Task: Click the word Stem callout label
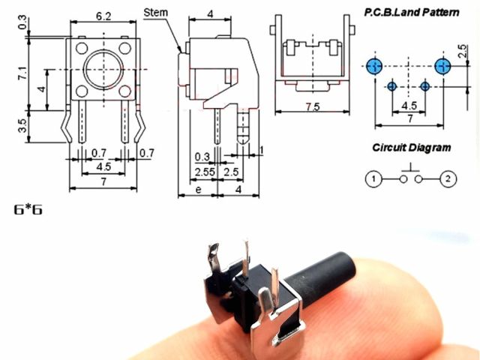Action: [x=156, y=13]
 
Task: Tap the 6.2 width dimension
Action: [x=103, y=16]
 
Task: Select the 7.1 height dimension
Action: [x=23, y=73]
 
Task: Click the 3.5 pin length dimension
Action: [x=23, y=125]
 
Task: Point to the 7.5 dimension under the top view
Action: [x=313, y=106]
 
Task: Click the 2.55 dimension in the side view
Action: [x=205, y=172]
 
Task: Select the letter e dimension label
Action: [x=198, y=190]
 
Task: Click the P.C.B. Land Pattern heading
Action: [x=412, y=13]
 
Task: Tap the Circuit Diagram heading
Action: [x=412, y=148]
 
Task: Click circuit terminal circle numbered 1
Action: [x=373, y=178]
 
